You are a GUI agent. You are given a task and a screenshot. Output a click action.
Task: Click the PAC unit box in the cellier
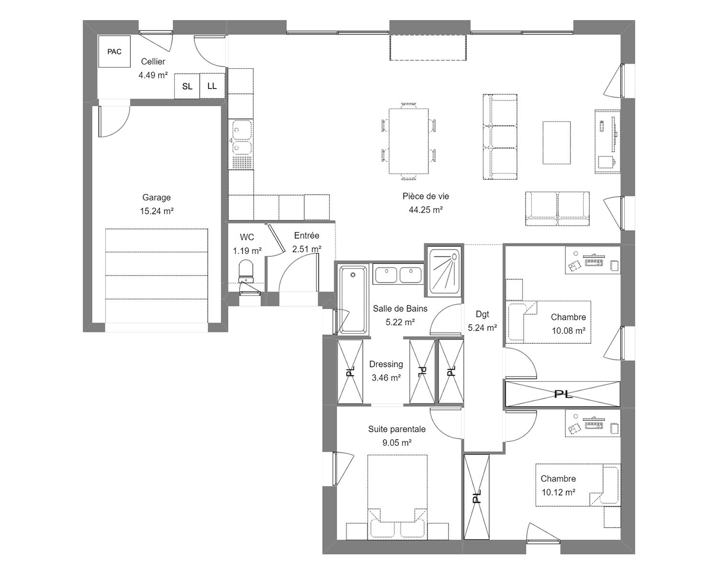[114, 51]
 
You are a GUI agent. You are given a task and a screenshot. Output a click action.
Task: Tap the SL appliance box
[187, 86]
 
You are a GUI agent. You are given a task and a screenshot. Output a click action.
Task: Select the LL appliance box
[212, 86]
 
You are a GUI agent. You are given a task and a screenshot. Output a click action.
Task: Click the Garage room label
[157, 198]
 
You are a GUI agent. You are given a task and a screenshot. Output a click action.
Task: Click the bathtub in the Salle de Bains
[353, 299]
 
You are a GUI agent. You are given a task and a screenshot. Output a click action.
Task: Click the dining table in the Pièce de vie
[408, 142]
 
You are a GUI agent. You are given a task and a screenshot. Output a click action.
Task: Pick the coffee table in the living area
[556, 143]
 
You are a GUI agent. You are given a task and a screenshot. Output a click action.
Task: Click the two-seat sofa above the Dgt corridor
[557, 209]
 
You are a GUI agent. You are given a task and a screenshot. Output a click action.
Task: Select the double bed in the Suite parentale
[397, 497]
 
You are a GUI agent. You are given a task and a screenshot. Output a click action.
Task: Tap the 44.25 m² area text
[426, 210]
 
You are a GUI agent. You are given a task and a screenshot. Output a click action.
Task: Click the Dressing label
[386, 364]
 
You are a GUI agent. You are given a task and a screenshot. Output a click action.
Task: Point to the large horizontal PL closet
[562, 394]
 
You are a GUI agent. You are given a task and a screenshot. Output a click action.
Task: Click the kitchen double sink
[241, 137]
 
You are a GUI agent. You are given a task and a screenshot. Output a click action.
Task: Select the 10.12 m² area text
[558, 492]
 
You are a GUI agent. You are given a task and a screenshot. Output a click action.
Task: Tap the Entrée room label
[307, 235]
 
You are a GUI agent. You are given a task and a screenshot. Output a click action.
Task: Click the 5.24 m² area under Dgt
[482, 328]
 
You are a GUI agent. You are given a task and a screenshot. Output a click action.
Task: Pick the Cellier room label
[153, 61]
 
